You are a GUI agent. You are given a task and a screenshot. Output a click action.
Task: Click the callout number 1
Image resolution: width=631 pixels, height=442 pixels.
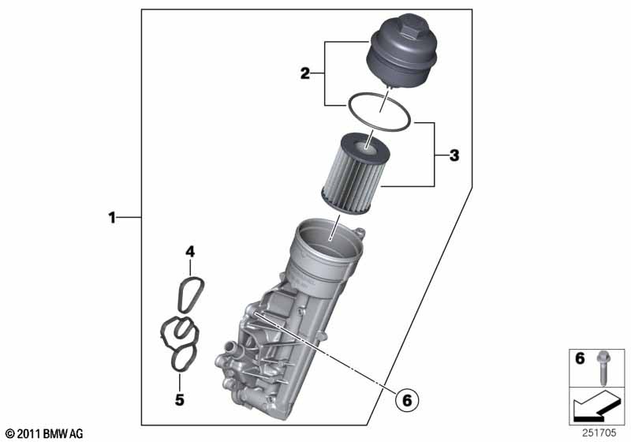pos(112,218)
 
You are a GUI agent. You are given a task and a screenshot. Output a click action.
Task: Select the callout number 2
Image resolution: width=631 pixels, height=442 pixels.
pos(305,73)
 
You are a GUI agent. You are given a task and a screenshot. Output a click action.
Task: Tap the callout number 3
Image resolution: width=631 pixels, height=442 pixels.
pos(454,155)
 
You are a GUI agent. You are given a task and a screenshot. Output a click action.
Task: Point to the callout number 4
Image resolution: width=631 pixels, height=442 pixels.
pos(190,252)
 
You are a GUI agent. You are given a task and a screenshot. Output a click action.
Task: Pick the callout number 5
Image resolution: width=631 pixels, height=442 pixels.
pos(180,399)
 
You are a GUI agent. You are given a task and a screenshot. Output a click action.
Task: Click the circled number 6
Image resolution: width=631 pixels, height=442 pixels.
pos(407,400)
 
